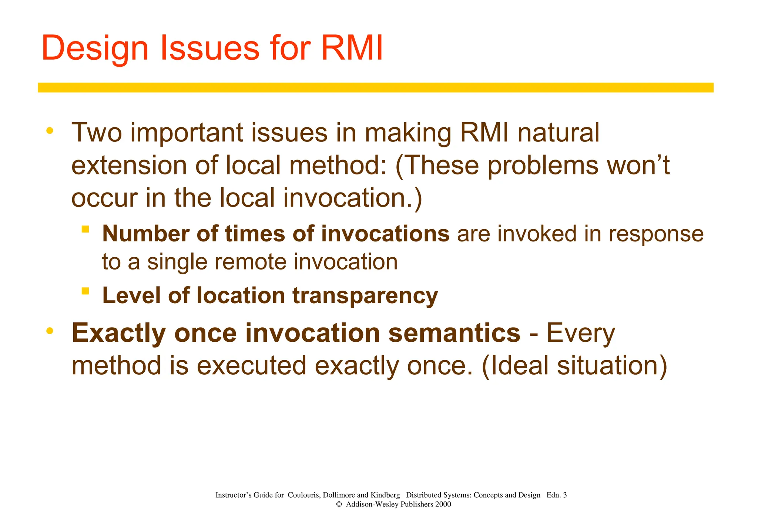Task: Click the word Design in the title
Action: pyautogui.click(x=95, y=49)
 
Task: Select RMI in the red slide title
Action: pyautogui.click(x=352, y=49)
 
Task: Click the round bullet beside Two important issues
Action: pyautogui.click(x=50, y=131)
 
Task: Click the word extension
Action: pyautogui.click(x=129, y=165)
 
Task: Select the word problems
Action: pyautogui.click(x=543, y=165)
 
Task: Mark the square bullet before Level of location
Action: pyautogui.click(x=85, y=291)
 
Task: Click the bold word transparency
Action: pyautogui.click(x=365, y=296)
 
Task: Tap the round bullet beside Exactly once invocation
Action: pyautogui.click(x=50, y=331)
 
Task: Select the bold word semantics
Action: pyautogui.click(x=454, y=333)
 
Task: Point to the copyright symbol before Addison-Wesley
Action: pyautogui.click(x=339, y=504)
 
